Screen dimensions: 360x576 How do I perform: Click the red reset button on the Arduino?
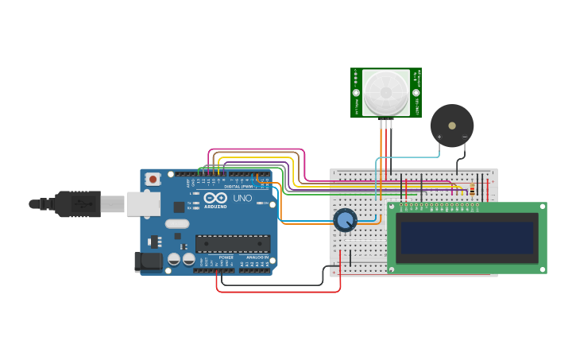click(x=153, y=180)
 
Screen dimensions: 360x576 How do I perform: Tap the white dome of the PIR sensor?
click(x=386, y=92)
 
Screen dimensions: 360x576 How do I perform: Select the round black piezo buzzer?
click(x=452, y=125)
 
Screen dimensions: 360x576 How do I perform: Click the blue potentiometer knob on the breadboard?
click(x=345, y=219)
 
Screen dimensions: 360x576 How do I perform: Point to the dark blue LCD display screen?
click(x=467, y=238)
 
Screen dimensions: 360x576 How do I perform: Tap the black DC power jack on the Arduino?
click(x=148, y=261)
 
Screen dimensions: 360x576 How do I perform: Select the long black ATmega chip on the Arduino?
click(x=232, y=243)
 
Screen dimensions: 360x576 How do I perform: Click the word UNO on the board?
click(x=242, y=198)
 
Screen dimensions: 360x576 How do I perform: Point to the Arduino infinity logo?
click(x=215, y=198)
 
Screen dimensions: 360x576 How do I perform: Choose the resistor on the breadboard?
click(x=472, y=189)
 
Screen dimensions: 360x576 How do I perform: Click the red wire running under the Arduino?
click(x=278, y=292)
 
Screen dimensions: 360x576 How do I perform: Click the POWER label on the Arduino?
click(x=226, y=257)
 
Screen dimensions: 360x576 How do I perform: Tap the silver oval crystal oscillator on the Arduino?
click(x=177, y=223)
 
